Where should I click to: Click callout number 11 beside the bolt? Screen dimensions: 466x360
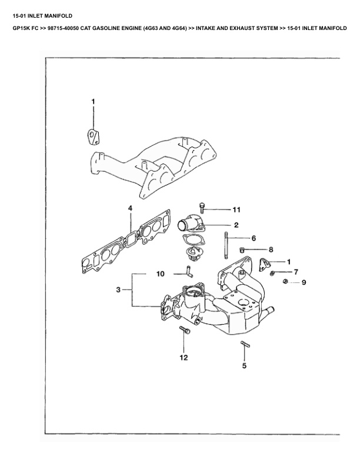(x=236, y=209)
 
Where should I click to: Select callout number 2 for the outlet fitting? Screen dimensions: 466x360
(x=236, y=225)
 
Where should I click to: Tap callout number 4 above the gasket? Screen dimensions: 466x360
(x=130, y=208)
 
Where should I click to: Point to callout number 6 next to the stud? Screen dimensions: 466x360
(x=254, y=238)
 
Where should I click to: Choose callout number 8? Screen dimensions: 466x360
(x=271, y=249)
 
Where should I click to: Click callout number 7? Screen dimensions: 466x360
(x=296, y=272)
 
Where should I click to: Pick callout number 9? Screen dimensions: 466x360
(x=304, y=282)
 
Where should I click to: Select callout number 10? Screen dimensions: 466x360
(x=160, y=274)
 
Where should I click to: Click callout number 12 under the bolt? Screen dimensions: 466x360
(x=184, y=357)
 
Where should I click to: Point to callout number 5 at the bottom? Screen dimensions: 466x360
(x=245, y=365)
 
